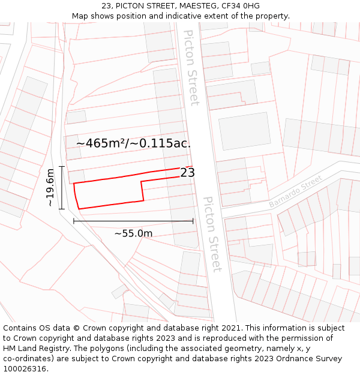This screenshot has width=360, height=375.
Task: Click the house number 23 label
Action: point(188,173)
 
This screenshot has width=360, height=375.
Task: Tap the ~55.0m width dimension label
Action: point(133,233)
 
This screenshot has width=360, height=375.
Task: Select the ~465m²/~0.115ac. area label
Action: point(133,143)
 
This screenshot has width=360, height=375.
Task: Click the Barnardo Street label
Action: point(296,191)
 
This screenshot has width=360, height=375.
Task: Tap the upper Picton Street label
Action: point(191,67)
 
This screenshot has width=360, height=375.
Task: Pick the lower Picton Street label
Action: point(212,234)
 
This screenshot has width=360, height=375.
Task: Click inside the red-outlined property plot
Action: point(108,192)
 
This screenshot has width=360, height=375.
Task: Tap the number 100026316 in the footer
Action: point(25,369)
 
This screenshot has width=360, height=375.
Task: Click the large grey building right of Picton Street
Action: point(245,131)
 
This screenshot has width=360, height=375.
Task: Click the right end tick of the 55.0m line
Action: point(193,221)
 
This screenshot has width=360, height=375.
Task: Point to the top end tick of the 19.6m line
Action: point(62,166)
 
